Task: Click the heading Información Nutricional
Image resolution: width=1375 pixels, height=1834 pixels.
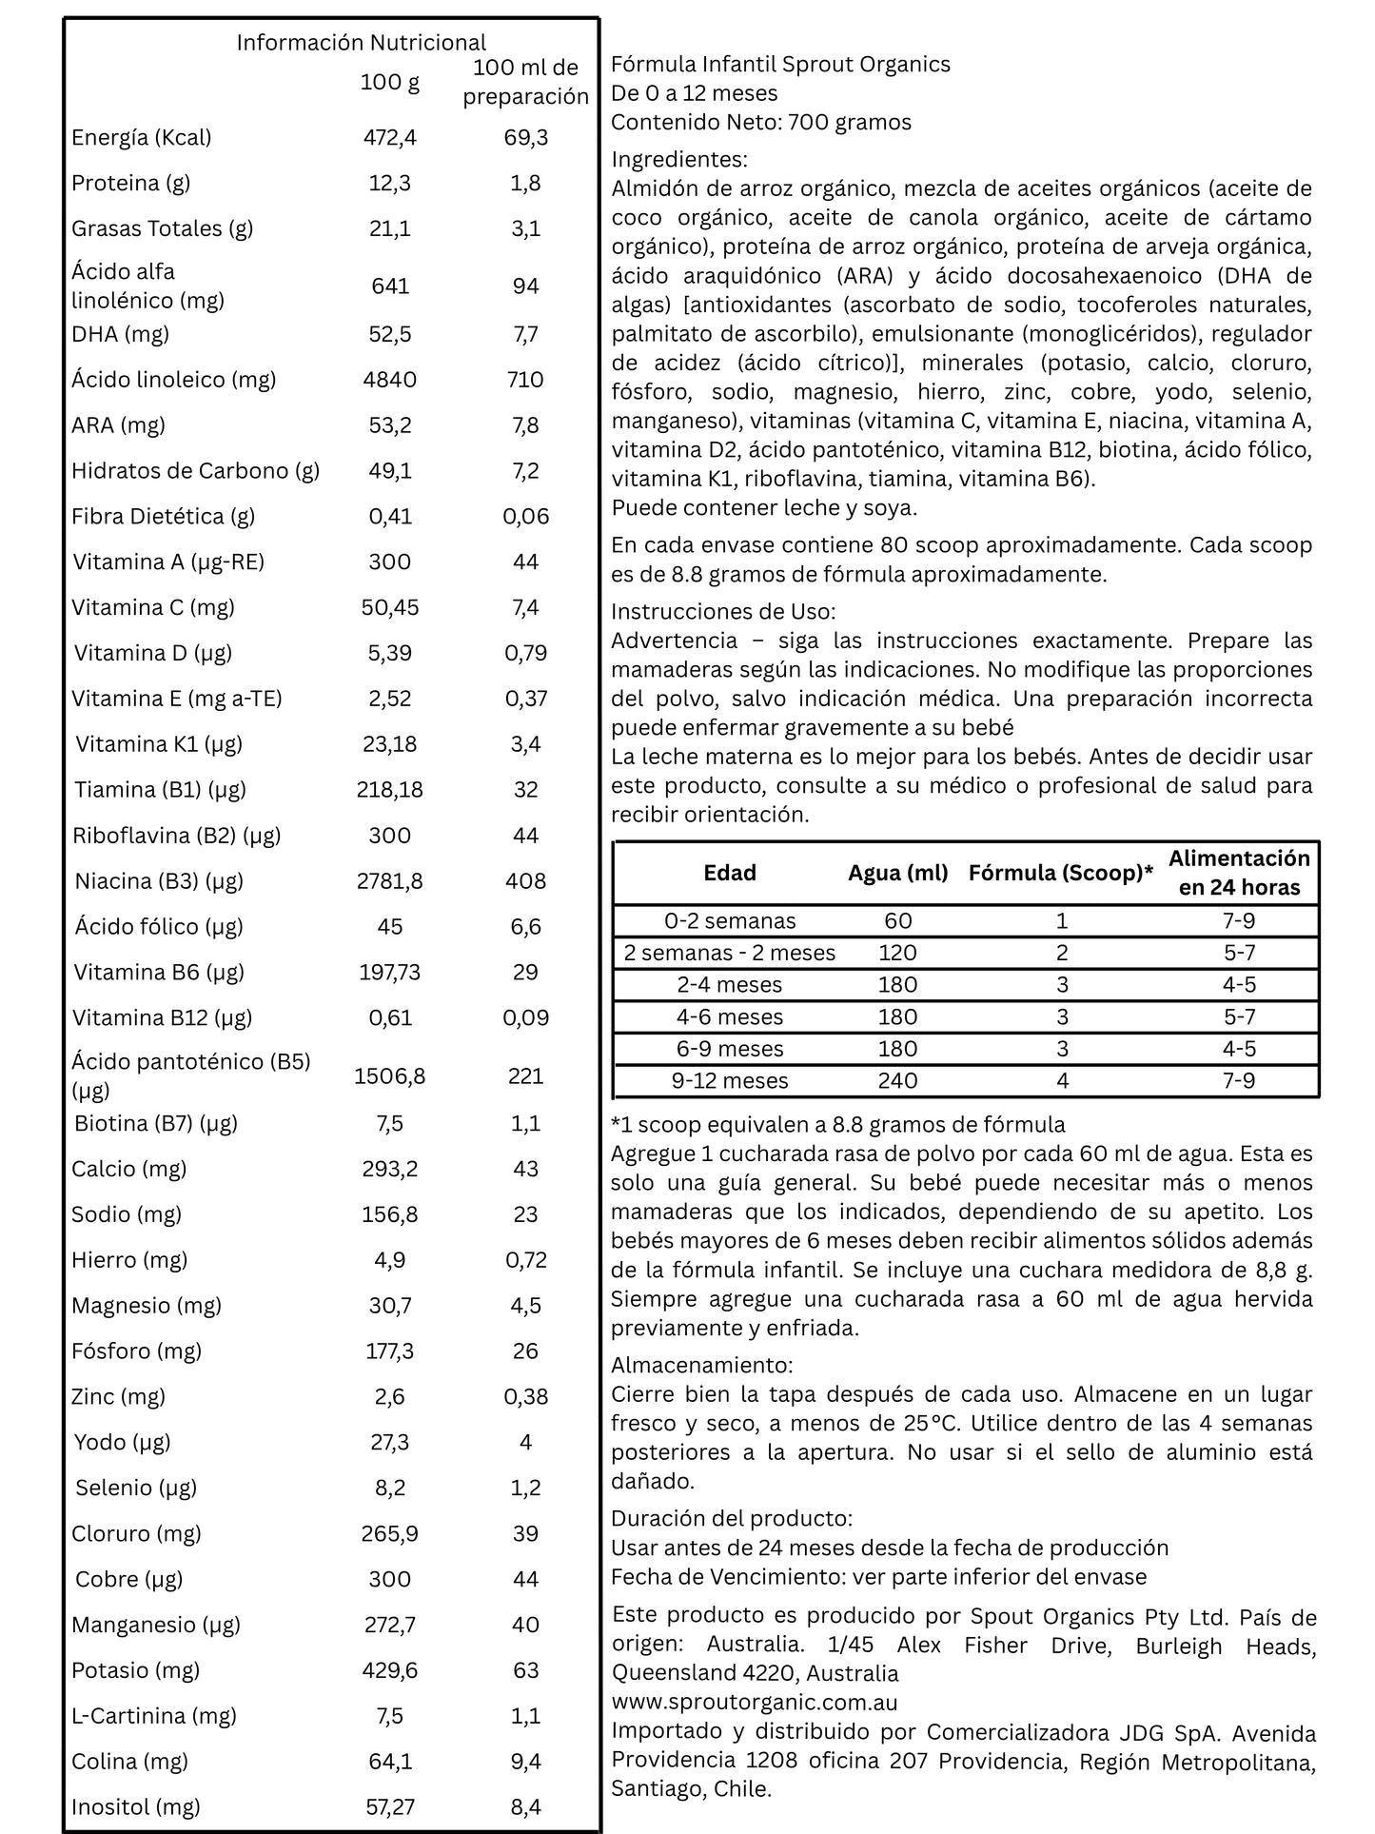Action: click(x=361, y=43)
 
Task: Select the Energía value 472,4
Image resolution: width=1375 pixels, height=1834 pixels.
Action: click(x=390, y=137)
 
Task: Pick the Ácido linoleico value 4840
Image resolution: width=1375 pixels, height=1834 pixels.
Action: click(x=390, y=380)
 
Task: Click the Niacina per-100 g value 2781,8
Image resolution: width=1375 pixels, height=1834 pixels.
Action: click(x=390, y=881)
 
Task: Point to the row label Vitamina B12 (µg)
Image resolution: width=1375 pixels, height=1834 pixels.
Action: click(x=163, y=1017)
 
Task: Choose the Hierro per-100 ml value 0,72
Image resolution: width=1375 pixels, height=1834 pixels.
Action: click(x=526, y=1260)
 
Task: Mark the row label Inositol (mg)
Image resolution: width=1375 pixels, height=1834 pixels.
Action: click(x=136, y=1806)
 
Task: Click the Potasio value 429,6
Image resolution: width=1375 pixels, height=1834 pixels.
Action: click(x=390, y=1670)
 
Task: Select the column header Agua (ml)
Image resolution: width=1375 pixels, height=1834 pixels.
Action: click(x=898, y=873)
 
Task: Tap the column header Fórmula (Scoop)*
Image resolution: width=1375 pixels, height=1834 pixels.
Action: click(x=1061, y=873)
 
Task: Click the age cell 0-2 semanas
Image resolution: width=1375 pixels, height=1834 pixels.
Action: click(x=730, y=921)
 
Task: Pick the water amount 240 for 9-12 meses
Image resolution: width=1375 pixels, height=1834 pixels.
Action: click(x=898, y=1081)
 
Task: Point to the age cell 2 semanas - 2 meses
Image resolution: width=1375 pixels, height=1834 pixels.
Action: click(x=730, y=954)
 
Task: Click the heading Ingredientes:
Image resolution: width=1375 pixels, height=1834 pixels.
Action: click(x=679, y=159)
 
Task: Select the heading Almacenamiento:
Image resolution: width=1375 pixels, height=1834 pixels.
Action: click(x=701, y=1365)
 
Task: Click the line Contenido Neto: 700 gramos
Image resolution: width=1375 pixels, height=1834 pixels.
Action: click(x=761, y=122)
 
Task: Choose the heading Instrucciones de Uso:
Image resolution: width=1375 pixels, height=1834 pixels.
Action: click(x=723, y=611)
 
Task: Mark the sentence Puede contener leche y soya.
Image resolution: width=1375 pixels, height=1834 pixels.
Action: click(x=764, y=507)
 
